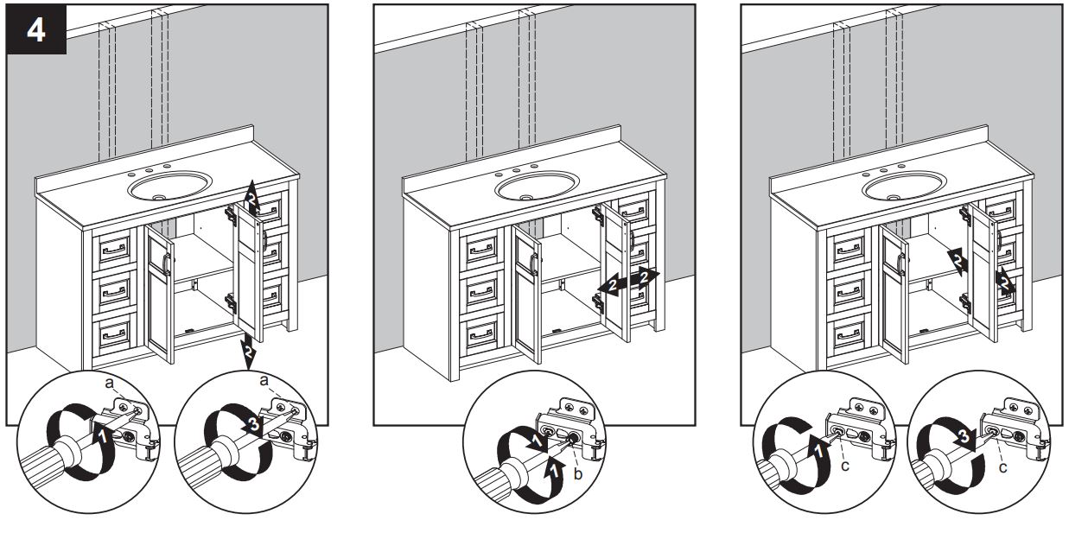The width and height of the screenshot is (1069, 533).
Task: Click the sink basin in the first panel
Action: coord(169,185)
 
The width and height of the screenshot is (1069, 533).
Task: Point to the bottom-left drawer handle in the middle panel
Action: coord(481,331)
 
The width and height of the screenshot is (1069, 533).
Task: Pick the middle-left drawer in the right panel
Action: coord(848,291)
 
